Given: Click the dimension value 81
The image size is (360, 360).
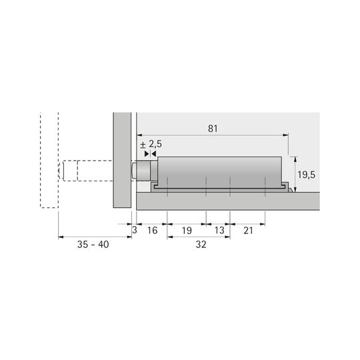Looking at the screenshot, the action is (213, 129).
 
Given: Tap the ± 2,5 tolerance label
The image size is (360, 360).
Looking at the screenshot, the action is (151, 145).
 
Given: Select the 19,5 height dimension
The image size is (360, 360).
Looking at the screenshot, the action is (306, 175).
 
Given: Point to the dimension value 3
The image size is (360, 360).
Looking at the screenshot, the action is (134, 230).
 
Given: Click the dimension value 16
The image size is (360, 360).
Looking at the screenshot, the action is (152, 230).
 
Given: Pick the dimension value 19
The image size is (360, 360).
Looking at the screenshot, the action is (187, 231).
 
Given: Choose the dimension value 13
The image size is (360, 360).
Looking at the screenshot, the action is (219, 230).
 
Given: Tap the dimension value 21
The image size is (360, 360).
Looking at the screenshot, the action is (248, 231).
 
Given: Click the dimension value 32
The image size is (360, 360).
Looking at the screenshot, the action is (201, 245).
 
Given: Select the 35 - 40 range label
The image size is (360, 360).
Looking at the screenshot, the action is (93, 245).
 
